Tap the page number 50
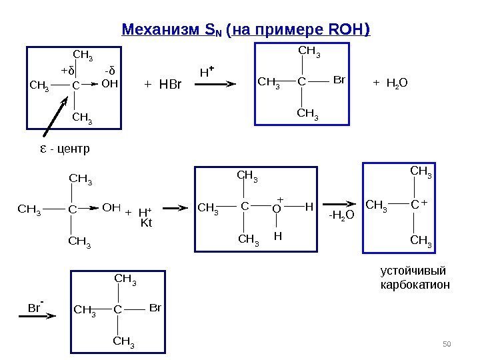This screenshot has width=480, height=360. [447, 344]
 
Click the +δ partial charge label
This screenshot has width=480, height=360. [67, 69]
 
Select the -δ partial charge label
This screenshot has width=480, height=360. [110, 69]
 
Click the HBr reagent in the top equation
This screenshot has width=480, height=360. [163, 85]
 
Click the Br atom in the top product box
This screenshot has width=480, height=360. [339, 80]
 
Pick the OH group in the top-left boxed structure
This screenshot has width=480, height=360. [109, 84]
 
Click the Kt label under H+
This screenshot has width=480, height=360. [147, 223]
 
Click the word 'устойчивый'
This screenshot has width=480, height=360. [411, 271]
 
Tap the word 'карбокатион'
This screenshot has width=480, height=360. [415, 285]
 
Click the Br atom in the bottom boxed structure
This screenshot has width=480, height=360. [155, 308]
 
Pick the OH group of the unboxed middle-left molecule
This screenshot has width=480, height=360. [111, 207]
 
